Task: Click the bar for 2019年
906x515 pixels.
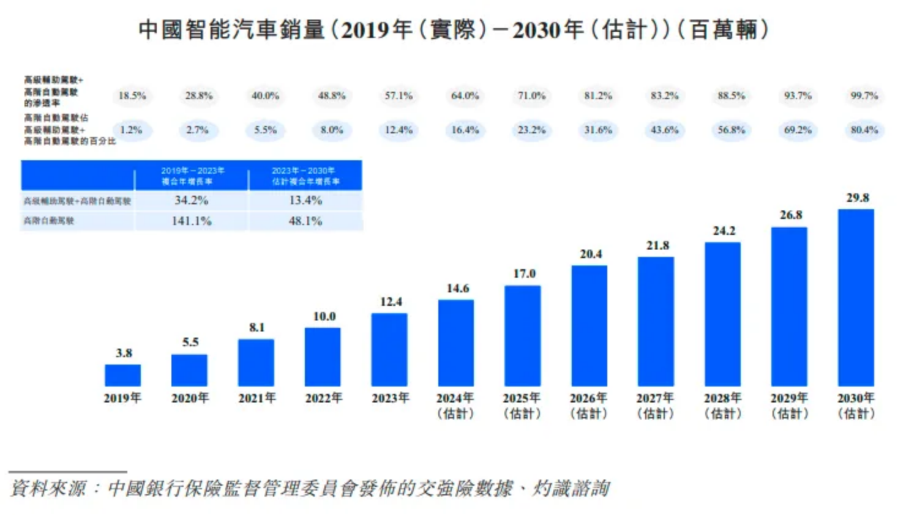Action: click(x=122, y=375)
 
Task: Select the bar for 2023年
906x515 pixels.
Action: click(x=389, y=349)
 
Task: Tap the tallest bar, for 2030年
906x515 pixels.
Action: click(x=856, y=297)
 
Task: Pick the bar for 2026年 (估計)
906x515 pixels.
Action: click(x=590, y=325)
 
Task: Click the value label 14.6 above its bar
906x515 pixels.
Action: click(x=458, y=288)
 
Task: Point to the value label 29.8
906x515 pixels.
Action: click(x=858, y=198)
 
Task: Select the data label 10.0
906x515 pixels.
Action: click(x=324, y=316)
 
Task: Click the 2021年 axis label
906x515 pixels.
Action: click(x=257, y=398)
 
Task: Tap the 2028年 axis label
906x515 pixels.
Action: click(x=723, y=405)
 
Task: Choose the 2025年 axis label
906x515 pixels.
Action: click(x=522, y=405)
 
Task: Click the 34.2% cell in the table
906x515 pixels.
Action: click(x=192, y=200)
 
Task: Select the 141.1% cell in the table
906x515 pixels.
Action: click(x=192, y=221)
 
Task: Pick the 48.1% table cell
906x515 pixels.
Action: click(x=305, y=221)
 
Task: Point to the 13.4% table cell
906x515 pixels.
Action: click(x=305, y=200)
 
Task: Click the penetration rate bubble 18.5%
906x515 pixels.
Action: click(x=132, y=95)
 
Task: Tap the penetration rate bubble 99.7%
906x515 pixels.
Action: click(x=864, y=95)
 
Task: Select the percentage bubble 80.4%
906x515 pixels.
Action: click(x=864, y=130)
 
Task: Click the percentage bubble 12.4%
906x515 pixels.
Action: click(x=399, y=130)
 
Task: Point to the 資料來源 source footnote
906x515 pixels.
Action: click(x=310, y=488)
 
